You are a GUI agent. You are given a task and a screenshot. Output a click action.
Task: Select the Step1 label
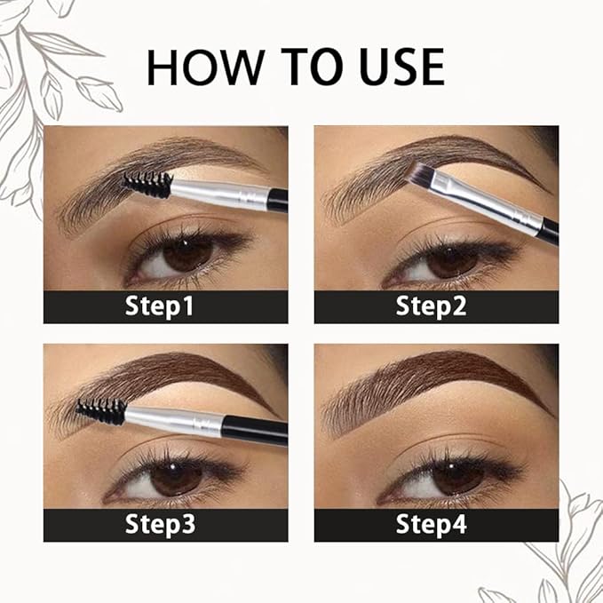click(164, 307)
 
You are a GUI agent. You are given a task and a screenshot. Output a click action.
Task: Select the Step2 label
click(436, 307)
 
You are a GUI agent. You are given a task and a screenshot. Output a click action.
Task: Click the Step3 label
click(164, 525)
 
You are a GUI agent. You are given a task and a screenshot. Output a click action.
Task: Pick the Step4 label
click(436, 525)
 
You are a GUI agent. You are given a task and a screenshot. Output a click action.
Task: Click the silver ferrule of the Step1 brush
click(218, 191)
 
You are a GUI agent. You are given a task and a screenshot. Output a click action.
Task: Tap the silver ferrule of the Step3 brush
click(173, 418)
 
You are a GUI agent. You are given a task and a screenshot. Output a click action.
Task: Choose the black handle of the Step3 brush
click(258, 432)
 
